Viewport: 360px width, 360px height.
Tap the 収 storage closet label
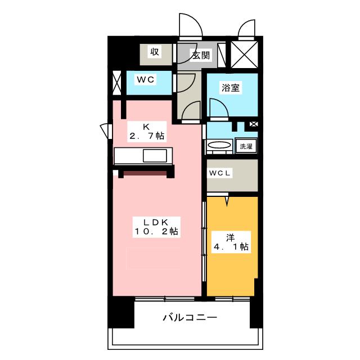pos(154,53)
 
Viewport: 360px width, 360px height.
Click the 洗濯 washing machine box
pos(246,146)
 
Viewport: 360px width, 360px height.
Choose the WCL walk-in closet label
pos(219,173)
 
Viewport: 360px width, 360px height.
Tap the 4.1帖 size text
pos(231,246)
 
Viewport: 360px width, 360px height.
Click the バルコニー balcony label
pos(190,318)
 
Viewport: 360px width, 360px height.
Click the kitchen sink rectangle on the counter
pos(155,156)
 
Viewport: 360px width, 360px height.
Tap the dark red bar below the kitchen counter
pos(145,173)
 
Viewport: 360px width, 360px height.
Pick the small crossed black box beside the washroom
pos(253,124)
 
